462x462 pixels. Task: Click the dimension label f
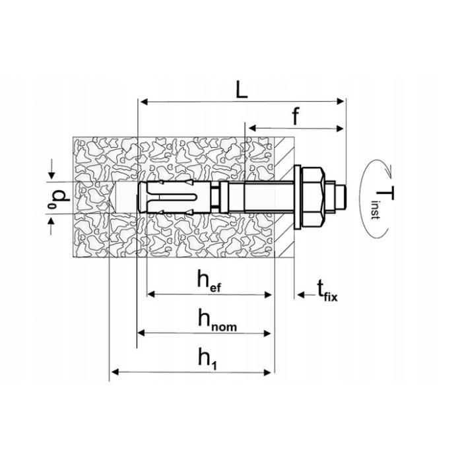(x=296, y=117)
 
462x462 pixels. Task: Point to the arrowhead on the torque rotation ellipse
(x=390, y=170)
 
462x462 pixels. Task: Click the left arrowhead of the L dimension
(x=142, y=102)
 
